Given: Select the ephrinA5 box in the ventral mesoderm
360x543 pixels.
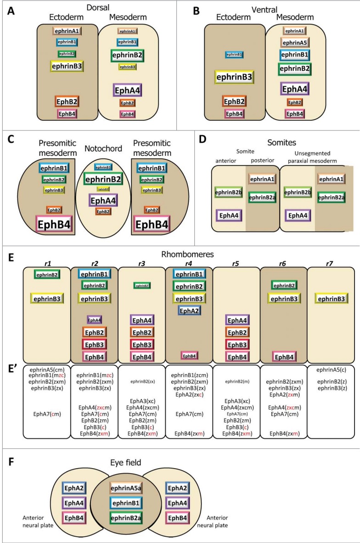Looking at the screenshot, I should [294, 43].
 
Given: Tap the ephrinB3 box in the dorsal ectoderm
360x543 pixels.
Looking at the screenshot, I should [67, 66].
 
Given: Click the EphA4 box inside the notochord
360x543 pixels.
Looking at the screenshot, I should [103, 200].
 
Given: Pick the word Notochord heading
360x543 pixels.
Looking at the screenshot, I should [103, 148].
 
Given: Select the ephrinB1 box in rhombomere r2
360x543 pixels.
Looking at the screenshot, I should [95, 274].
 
